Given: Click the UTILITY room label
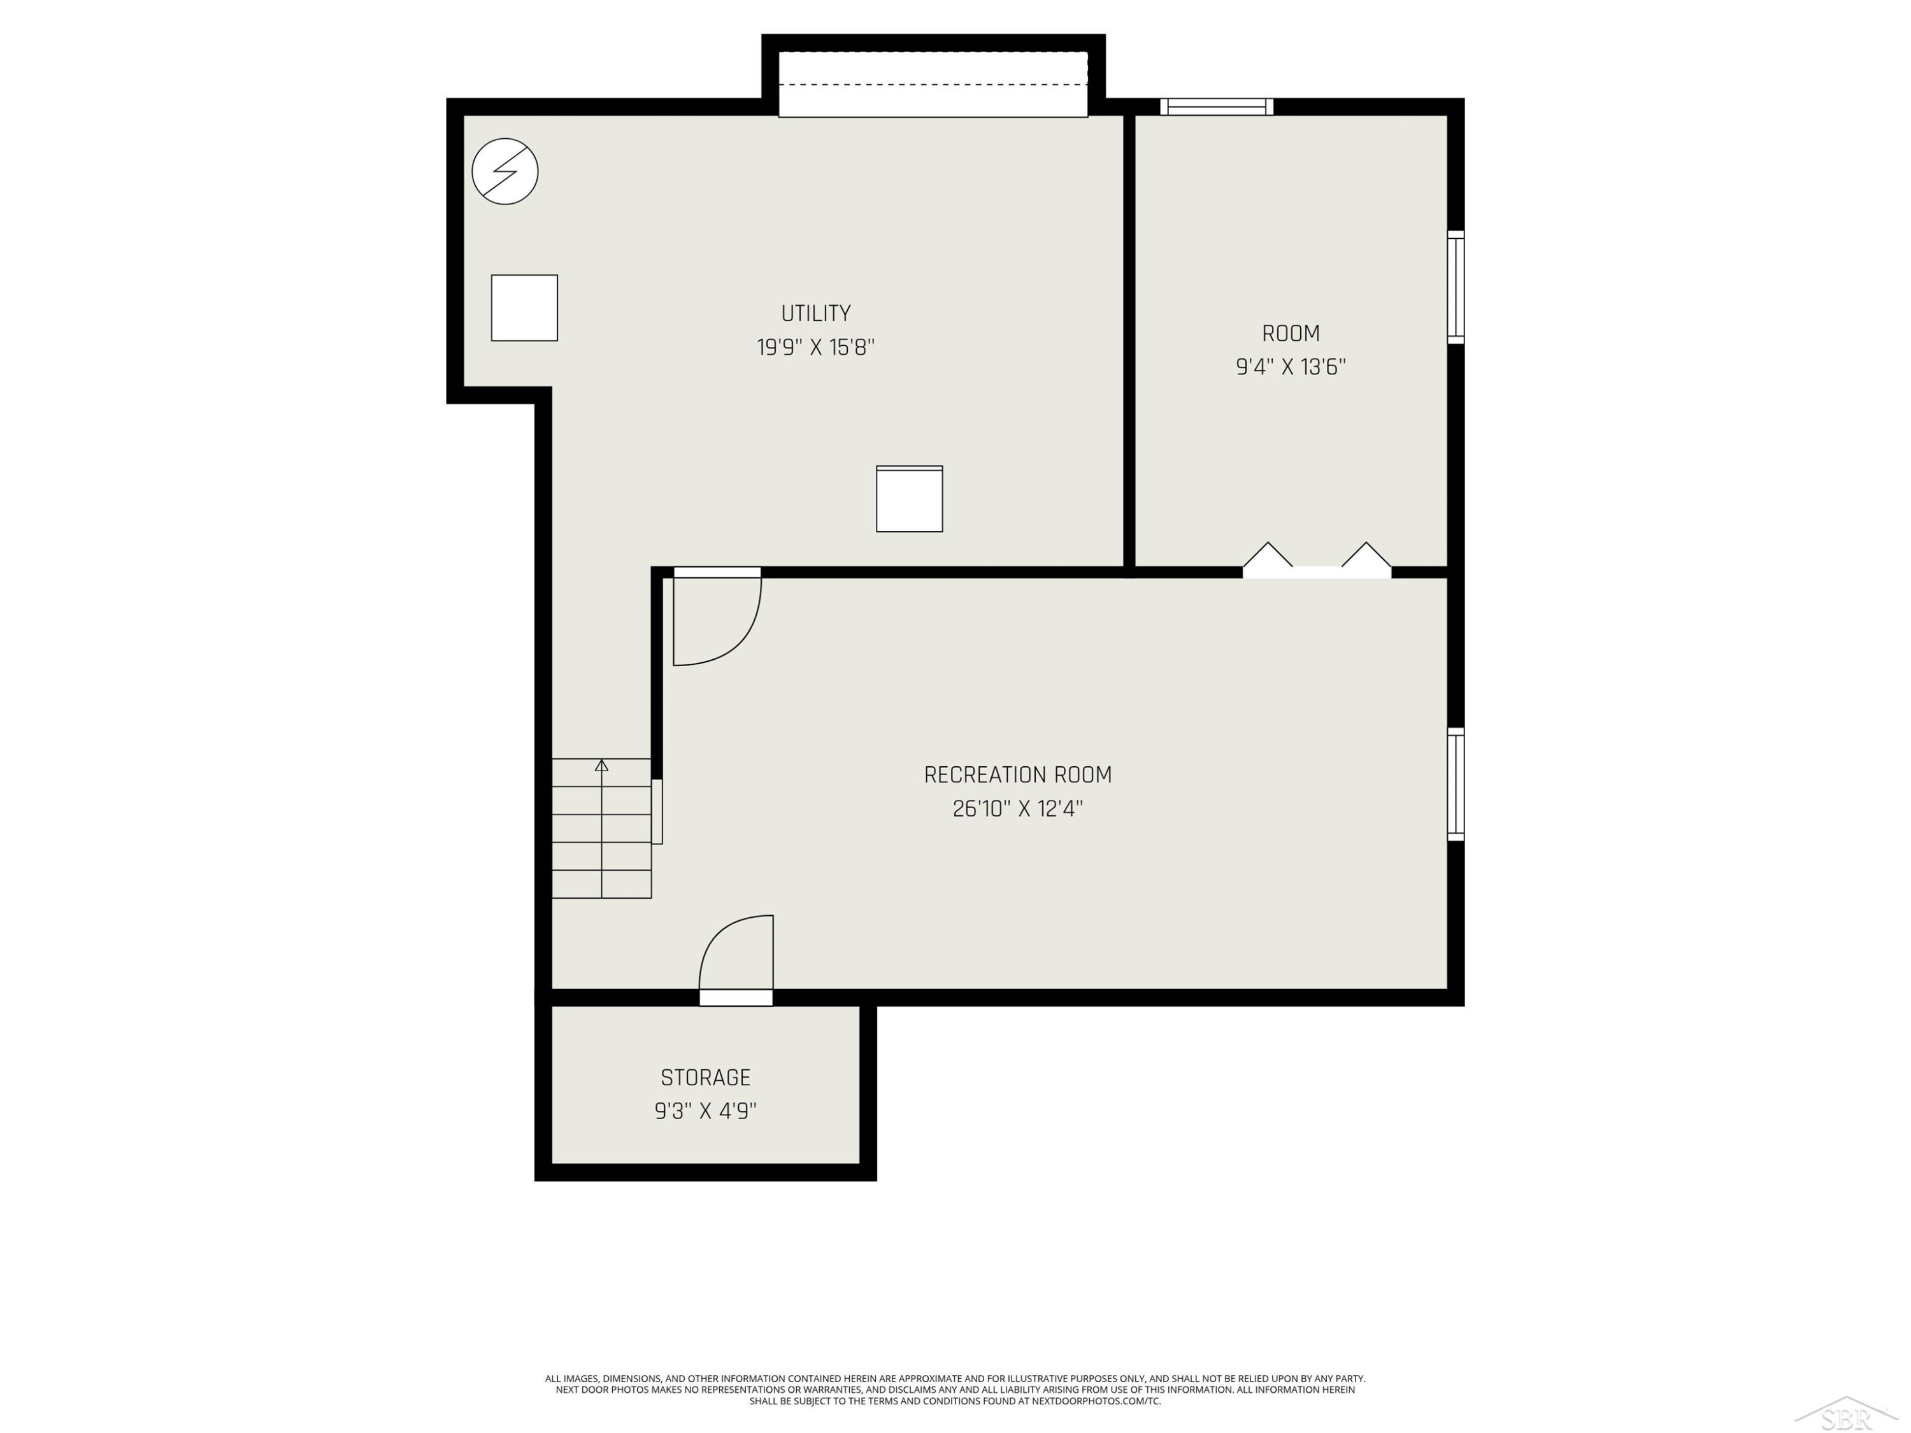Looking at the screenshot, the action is coord(815,313).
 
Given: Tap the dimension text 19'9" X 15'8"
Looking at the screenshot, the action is coord(815,347).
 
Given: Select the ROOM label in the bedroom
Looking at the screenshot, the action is coord(1291,334).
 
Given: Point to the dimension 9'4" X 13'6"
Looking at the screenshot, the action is coord(1291,367).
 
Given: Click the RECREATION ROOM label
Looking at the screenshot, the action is coord(1018,775).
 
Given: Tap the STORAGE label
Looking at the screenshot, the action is coord(706,1078).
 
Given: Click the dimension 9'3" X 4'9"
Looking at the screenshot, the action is coord(706,1111).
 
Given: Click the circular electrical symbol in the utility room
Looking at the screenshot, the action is coord(505,171).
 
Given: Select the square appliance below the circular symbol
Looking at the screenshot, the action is coord(524,308).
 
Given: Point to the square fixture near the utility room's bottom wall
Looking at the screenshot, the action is coord(910,499).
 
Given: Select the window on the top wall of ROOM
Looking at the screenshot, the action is coord(1217,106).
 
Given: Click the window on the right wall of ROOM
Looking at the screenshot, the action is coord(1456,287).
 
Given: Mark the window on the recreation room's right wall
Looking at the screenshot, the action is coord(1456,784).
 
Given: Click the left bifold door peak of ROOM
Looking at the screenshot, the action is coord(1268,543).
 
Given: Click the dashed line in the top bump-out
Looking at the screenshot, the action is coord(933,85).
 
